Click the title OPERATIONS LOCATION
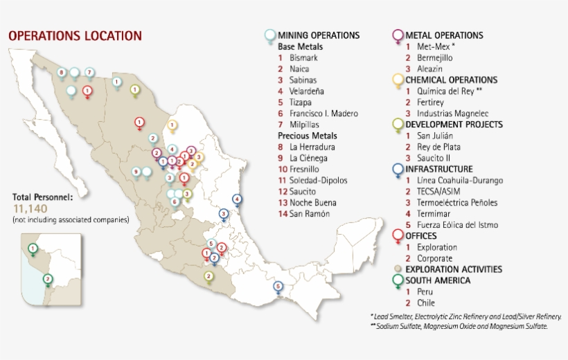75,35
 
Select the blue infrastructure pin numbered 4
238,199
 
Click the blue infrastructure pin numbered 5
278,286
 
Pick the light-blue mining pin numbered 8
62,72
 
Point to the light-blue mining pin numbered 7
89,72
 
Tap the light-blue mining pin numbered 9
136,171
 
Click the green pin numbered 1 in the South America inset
32,247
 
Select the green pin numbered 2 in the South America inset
47,279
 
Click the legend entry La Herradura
312,147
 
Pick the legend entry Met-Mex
432,46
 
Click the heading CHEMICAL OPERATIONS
451,80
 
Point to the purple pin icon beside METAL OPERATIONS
398,36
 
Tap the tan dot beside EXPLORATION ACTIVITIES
398,269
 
